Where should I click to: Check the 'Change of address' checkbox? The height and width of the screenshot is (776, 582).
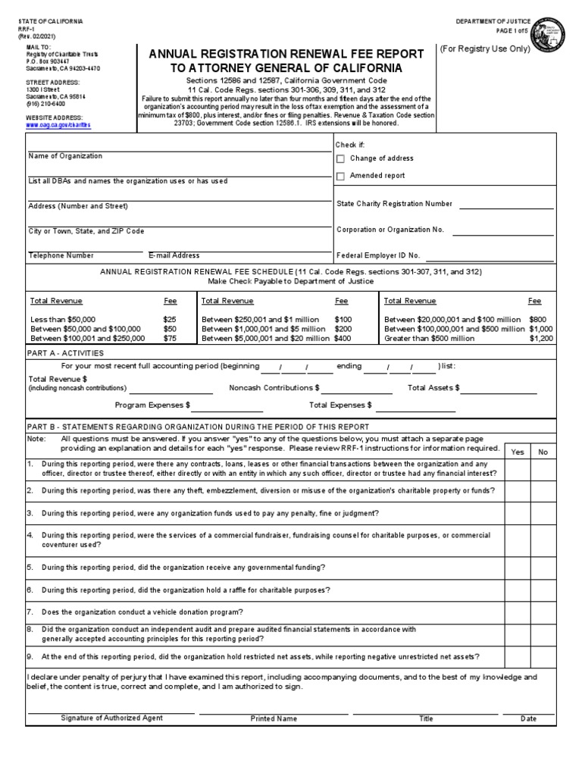340,159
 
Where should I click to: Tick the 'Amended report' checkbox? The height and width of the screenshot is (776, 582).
340,177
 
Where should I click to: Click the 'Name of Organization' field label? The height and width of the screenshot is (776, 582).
65,156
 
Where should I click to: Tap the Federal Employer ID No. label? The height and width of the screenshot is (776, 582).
378,256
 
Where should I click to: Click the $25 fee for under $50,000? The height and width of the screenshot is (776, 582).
170,320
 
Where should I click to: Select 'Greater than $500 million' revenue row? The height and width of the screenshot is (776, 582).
430,339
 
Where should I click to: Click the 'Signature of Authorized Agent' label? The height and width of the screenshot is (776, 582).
111,718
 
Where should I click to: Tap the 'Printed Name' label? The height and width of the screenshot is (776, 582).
274,718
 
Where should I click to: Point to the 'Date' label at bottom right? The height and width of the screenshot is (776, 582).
528,718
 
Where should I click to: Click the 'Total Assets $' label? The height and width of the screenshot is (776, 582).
433,388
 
